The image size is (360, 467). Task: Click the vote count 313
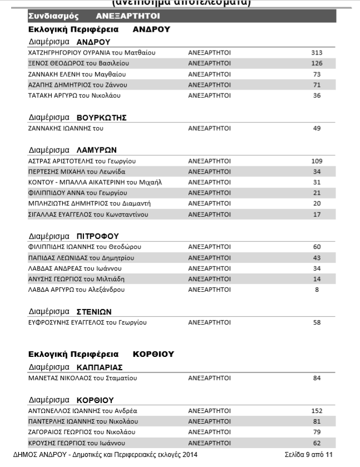317,53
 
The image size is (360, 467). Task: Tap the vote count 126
317,63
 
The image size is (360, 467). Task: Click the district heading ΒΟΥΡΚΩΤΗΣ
102,117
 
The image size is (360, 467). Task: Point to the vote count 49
317,128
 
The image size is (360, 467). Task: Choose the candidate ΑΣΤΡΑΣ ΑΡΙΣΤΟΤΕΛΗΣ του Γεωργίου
82,161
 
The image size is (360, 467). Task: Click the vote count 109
317,161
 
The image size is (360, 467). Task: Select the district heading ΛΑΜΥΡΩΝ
97,150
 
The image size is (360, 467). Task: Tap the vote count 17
317,215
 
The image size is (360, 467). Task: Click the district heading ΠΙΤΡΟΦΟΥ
98,236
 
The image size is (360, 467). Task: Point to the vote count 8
317,290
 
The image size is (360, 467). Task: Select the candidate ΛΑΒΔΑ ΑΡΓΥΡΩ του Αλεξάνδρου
76,290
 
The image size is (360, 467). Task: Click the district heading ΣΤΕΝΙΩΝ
94,311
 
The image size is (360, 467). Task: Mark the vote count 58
317,322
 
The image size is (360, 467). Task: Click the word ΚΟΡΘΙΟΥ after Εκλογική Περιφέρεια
153,354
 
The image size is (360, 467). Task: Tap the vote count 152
317,411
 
